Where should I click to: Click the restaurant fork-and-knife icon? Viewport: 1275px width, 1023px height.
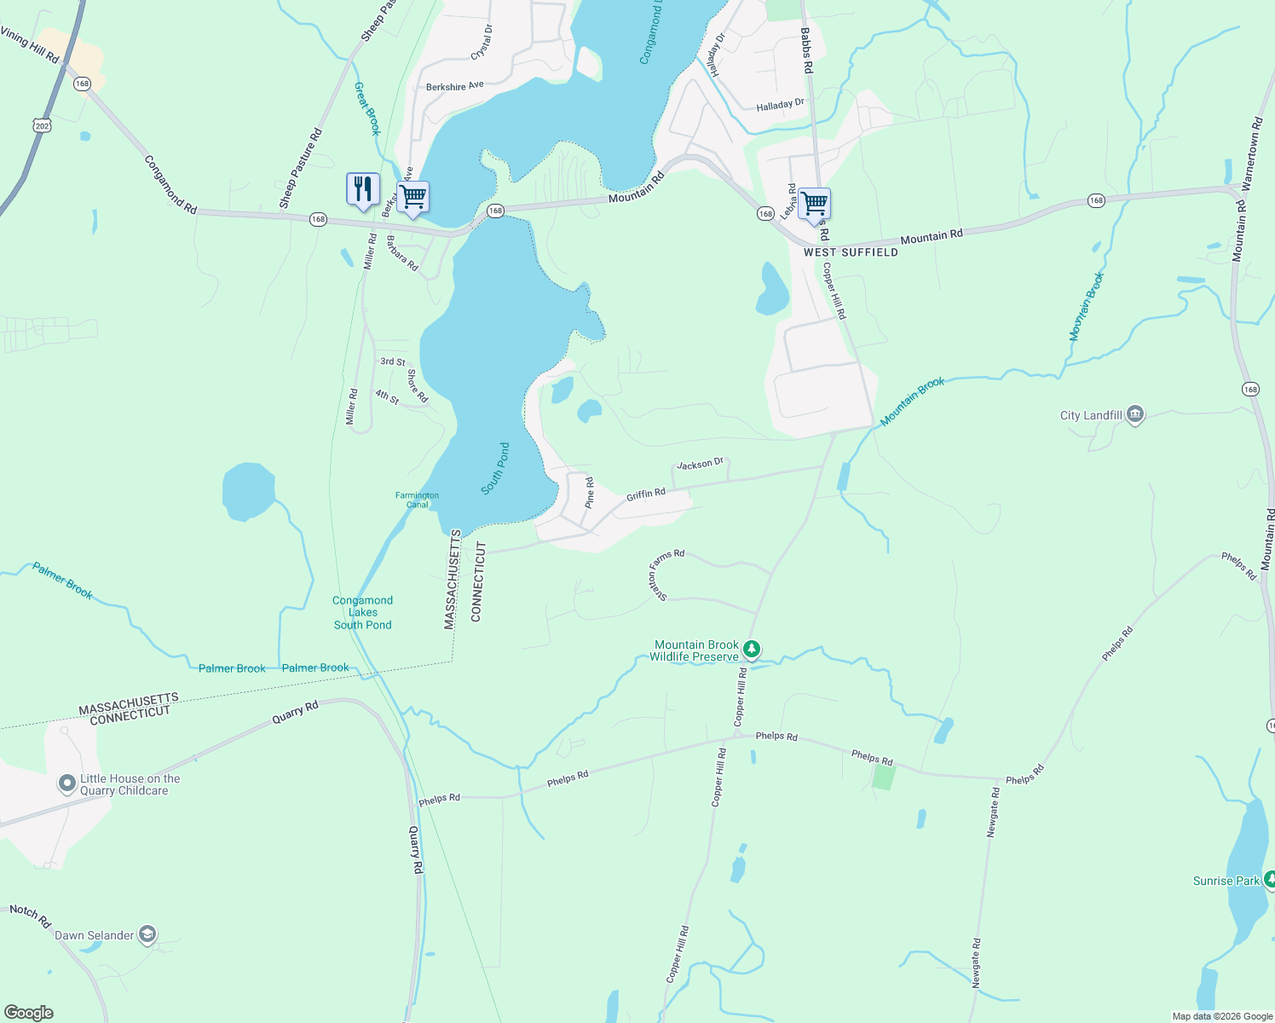[363, 189]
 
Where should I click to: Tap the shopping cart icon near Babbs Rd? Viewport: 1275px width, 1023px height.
[814, 205]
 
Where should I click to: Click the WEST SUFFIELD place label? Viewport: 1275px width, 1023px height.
[851, 252]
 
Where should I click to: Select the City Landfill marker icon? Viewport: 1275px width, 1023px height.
[1134, 415]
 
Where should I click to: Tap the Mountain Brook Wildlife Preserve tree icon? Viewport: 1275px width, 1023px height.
[751, 650]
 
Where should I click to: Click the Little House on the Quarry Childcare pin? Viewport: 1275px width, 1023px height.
[67, 783]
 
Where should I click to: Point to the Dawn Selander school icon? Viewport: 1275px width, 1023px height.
[147, 935]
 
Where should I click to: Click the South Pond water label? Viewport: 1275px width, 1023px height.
[495, 468]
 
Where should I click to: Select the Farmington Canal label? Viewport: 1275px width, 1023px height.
[417, 500]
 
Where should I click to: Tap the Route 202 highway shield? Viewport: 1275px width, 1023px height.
[43, 125]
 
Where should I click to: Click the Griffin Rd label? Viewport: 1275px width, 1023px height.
[646, 494]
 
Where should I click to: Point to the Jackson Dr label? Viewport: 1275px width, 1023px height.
[700, 464]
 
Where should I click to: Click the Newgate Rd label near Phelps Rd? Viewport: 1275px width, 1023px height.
[993, 812]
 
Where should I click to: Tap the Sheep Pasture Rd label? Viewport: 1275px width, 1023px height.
[301, 169]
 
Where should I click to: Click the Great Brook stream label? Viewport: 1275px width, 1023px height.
[367, 108]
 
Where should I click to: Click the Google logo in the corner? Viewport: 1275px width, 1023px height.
[28, 1013]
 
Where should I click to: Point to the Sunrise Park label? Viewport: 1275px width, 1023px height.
[1226, 881]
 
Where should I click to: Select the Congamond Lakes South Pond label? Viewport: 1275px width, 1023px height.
[363, 612]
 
